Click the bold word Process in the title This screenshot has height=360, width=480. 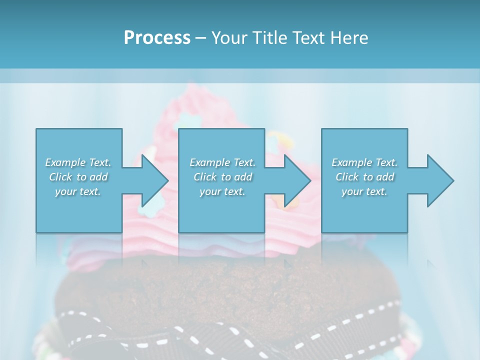[157, 38]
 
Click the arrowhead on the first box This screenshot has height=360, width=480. [153, 180]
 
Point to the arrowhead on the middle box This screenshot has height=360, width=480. [296, 180]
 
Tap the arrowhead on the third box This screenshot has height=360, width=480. [439, 180]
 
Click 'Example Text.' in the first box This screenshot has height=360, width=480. [78, 162]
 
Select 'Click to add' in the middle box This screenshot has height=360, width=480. [222, 177]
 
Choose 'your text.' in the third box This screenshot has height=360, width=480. [364, 191]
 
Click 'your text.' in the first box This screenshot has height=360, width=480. [78, 191]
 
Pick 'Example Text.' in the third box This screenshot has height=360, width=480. [364, 162]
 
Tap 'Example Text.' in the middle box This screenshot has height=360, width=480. [222, 162]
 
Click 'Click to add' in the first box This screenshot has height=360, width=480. [78, 177]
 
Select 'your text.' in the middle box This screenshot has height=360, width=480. [222, 191]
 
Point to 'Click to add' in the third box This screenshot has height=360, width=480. [364, 177]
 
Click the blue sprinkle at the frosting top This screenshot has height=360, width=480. [186, 120]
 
